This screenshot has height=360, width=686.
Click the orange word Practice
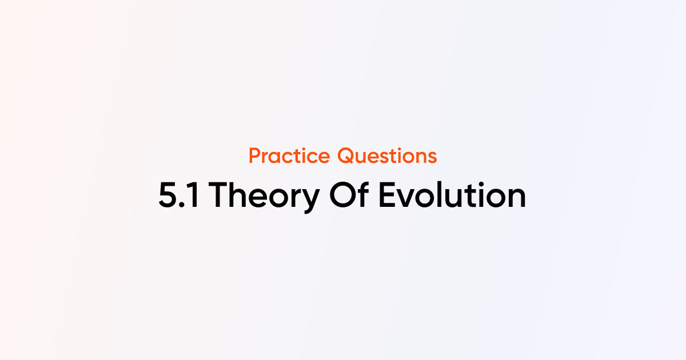[289, 155]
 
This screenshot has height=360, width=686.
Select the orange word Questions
[388, 155]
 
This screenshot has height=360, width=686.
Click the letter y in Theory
[310, 201]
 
